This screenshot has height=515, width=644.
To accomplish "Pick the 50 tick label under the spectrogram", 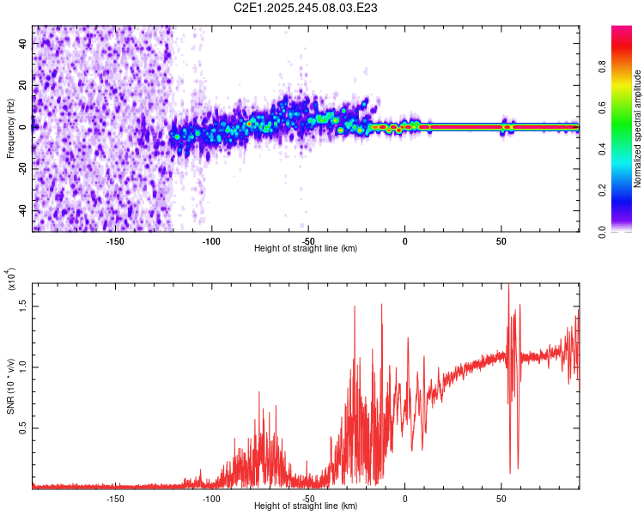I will point(501,240).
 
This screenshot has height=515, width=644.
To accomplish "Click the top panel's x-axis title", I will point(306,249).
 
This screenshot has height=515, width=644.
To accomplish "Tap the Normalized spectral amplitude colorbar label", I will point(637,129).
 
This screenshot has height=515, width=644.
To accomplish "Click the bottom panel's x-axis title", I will point(306,506).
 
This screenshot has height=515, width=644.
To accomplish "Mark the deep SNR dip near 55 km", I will point(510,470).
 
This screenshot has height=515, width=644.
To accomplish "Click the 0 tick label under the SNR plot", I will point(404,498).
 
